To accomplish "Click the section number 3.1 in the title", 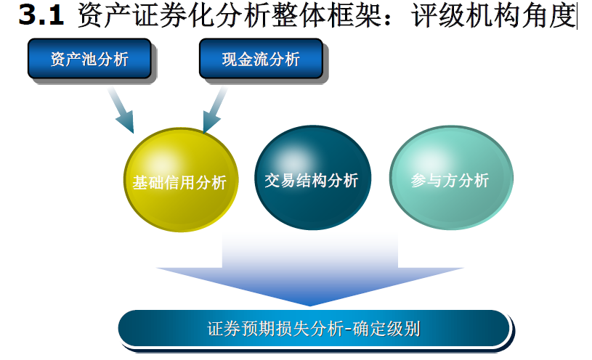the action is coord(41,15).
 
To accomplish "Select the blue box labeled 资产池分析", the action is coord(89,59).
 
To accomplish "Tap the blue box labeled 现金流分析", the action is coord(261,59).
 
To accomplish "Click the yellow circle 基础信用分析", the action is coord(181,179).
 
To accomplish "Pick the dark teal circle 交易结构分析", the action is coord(312,178).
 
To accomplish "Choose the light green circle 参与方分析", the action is coord(451,178).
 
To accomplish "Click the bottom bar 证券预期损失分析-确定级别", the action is coord(314,328).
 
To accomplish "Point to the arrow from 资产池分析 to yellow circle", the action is coord(121,110).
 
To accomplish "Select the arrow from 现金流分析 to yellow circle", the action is coord(215,110).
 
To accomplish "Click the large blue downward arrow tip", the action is coord(309,306).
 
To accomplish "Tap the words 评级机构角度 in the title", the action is coord(493,15).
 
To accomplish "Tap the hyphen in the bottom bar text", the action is coord(348,330).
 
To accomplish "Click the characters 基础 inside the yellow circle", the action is coord(148,183).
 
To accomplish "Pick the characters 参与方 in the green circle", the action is coord(434,181).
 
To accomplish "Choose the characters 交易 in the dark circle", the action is coord(280,181).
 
